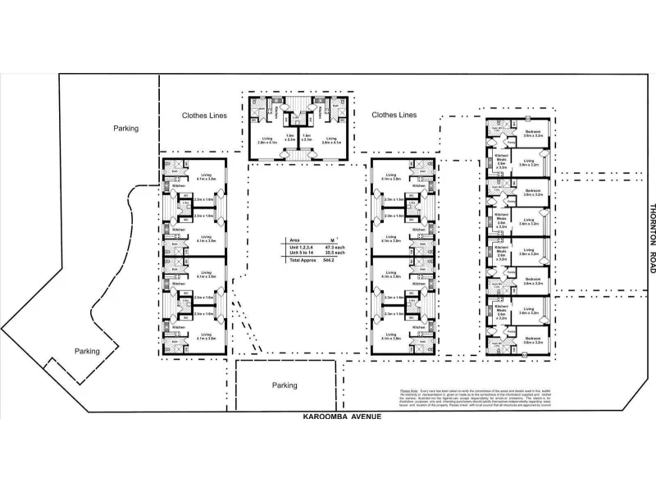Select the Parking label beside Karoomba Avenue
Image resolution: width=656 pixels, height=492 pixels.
[285, 385]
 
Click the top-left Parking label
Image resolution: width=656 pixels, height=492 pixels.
[125, 128]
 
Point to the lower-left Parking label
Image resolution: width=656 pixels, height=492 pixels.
[87, 351]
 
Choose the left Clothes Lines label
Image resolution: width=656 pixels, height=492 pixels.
[204, 116]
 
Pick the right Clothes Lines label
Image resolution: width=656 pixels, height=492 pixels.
[394, 116]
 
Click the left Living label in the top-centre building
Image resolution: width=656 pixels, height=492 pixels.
[266, 141]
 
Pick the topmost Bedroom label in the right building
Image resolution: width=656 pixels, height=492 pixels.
[533, 133]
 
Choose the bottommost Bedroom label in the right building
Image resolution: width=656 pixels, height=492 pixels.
[533, 339]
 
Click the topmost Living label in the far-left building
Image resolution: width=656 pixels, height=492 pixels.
[206, 176]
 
